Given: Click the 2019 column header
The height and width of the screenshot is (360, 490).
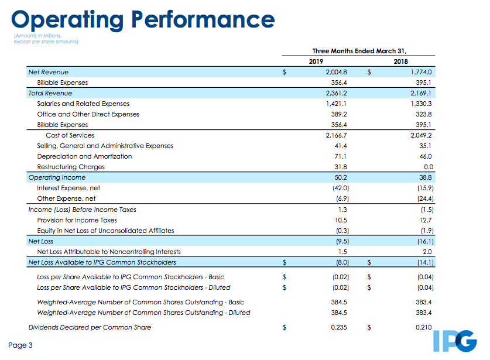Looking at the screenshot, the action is pyautogui.click(x=316, y=61).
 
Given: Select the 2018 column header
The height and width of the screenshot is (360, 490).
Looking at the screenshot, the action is pyautogui.click(x=400, y=61).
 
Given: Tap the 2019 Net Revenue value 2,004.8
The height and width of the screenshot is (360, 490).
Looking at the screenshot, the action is pyautogui.click(x=336, y=72).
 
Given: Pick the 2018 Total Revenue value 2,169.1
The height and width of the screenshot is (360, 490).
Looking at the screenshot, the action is pyautogui.click(x=421, y=93).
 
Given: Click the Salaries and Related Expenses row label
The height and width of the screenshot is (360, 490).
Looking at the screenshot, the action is pyautogui.click(x=83, y=104).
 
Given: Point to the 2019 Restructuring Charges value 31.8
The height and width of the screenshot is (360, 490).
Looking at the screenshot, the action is pyautogui.click(x=341, y=167).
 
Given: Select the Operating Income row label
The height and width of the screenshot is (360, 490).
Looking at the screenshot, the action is pyautogui.click(x=57, y=177).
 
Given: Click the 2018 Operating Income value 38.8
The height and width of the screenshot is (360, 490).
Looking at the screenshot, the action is pyautogui.click(x=426, y=177).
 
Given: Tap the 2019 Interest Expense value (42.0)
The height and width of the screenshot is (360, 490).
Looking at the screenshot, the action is pyautogui.click(x=341, y=188).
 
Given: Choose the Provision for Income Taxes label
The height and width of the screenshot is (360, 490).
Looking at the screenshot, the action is pyautogui.click(x=77, y=220).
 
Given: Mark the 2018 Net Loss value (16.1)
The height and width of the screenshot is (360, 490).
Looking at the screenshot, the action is pyautogui.click(x=426, y=241).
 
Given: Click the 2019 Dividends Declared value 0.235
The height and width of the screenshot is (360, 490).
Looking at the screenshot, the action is pyautogui.click(x=339, y=327).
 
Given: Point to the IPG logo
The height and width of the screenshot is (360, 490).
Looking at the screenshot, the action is pyautogui.click(x=455, y=341).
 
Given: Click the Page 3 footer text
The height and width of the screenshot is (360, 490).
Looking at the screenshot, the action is pyautogui.click(x=20, y=345).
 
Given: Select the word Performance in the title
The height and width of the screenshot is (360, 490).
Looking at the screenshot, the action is pyautogui.click(x=203, y=20).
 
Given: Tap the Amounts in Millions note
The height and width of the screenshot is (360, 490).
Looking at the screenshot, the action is pyautogui.click(x=46, y=39).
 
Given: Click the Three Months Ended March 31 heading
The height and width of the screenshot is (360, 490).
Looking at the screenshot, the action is pyautogui.click(x=359, y=51).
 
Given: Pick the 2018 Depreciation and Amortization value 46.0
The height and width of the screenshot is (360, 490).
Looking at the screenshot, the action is pyautogui.click(x=426, y=156).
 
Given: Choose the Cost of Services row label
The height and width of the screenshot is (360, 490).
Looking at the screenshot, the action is pyautogui.click(x=70, y=135).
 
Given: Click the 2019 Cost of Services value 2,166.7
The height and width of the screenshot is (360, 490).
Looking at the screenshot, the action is pyautogui.click(x=336, y=135).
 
